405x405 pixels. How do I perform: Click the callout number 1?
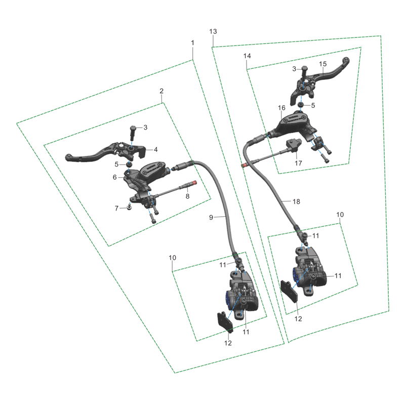click(x=192, y=44)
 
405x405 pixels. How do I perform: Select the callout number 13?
click(x=213, y=31)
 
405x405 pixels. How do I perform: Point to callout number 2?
click(x=161, y=91)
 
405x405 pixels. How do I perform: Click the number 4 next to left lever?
click(x=156, y=149)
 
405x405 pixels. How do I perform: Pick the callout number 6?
click(x=115, y=177)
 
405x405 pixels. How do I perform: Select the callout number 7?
click(x=116, y=208)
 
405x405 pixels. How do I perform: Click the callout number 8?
click(x=187, y=197)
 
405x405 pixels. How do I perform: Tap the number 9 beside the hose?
click(x=211, y=217)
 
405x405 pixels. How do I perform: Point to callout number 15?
click(x=323, y=64)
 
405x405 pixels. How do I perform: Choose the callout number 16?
click(x=281, y=108)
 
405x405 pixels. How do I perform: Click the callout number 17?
click(x=298, y=163)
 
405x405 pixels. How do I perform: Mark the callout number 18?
click(x=297, y=201)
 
